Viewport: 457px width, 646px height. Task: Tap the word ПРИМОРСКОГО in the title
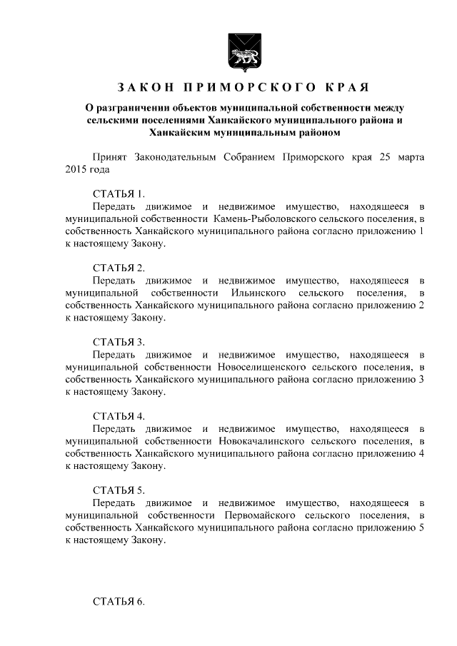[x=248, y=88]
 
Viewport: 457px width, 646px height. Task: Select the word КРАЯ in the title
[x=346, y=88]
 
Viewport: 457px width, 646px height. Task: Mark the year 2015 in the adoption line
[x=76, y=169]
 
